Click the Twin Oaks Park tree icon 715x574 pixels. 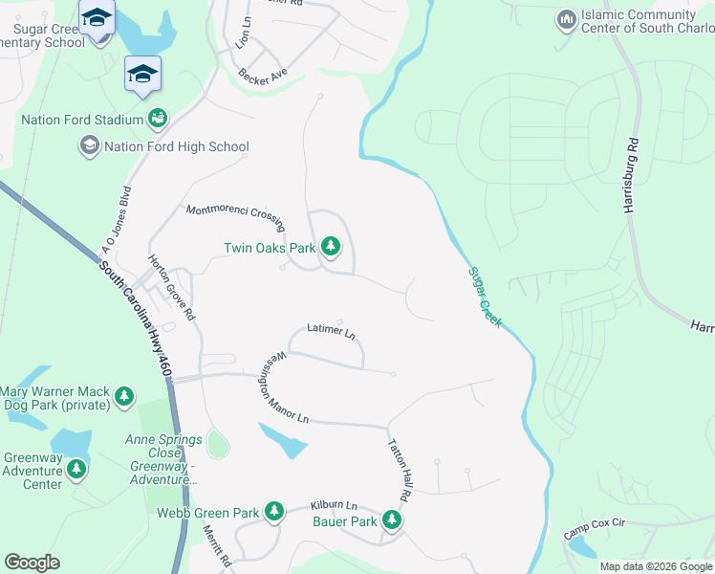(331, 248)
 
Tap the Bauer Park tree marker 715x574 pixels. (391, 521)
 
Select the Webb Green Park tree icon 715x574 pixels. (274, 513)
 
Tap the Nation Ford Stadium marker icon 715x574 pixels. (158, 120)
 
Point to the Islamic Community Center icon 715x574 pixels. (566, 20)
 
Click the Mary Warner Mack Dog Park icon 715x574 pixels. (123, 396)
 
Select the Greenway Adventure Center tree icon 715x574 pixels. (76, 470)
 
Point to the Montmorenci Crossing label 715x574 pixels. (235, 216)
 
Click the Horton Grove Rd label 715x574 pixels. (171, 287)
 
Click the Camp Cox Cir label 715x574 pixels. (594, 527)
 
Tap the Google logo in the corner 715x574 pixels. (32, 563)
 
